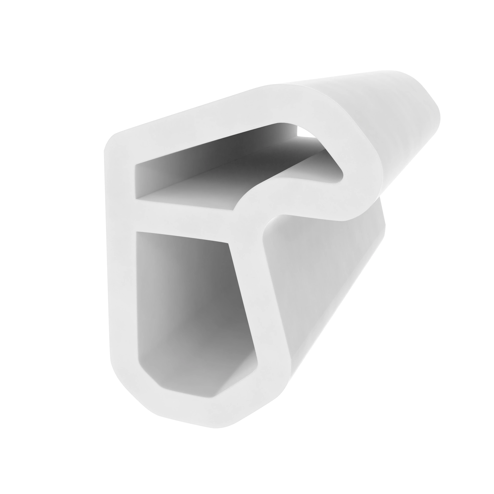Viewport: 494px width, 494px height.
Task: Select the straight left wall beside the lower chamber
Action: click(x=121, y=294)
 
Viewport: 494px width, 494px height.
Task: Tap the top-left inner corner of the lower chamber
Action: click(x=138, y=234)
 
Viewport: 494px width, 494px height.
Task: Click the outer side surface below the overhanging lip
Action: click(x=332, y=281)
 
